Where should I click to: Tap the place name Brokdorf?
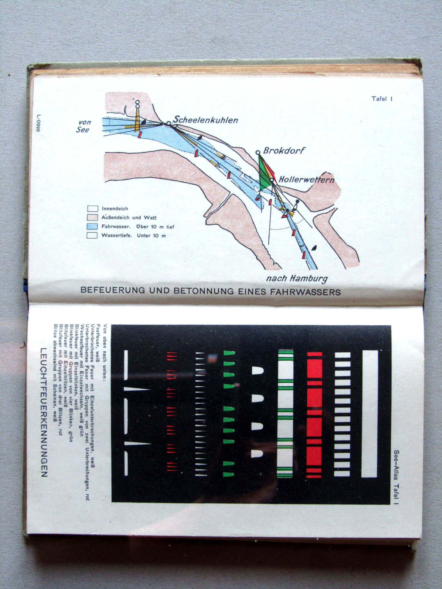point(284,151)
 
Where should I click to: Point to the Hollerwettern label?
point(306,179)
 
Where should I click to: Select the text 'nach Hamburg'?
point(297,278)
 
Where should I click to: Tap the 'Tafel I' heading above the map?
point(382,99)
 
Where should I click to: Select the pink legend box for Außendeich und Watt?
point(92,218)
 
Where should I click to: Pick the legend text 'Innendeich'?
point(115,209)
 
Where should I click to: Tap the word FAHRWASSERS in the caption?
point(305,292)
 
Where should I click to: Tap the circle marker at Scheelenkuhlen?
point(169,123)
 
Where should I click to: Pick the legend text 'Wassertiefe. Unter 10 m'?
point(133,236)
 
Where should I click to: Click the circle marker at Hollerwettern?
point(271,180)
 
